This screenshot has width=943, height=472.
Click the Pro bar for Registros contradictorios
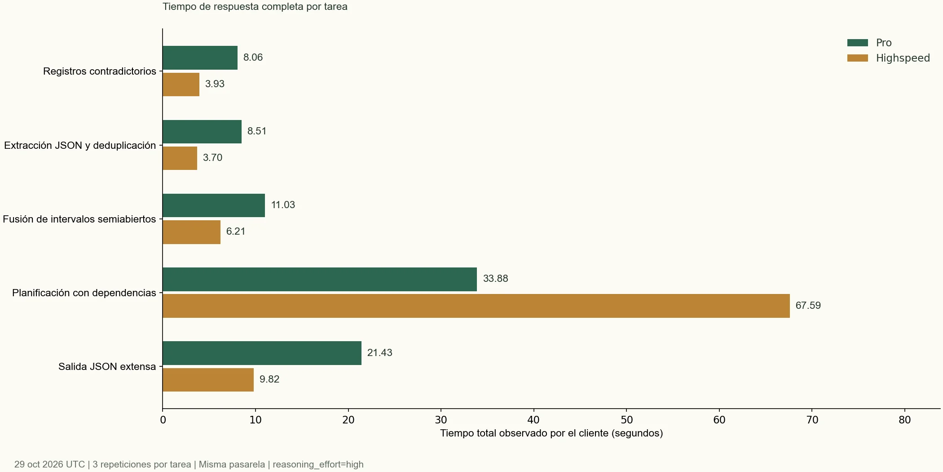click(200, 58)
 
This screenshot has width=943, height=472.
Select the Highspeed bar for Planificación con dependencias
click(476, 306)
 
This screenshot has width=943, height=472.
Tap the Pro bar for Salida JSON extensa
click(262, 353)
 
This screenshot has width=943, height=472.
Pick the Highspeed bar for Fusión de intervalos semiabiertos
click(191, 232)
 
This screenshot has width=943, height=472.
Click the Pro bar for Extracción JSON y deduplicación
click(202, 132)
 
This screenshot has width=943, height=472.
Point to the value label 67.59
click(808, 306)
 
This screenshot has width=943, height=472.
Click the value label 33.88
click(495, 279)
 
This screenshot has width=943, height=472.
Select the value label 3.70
click(212, 158)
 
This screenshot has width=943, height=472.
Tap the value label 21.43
click(379, 353)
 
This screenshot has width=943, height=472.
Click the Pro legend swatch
click(858, 43)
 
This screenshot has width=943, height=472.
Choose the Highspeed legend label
click(903, 58)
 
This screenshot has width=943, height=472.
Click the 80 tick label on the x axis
click(904, 420)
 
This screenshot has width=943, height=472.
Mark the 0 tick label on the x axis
click(163, 420)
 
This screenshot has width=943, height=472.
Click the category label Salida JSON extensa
click(107, 366)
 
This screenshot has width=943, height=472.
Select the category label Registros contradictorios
click(100, 71)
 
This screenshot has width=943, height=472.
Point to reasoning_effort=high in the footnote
click(318, 464)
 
